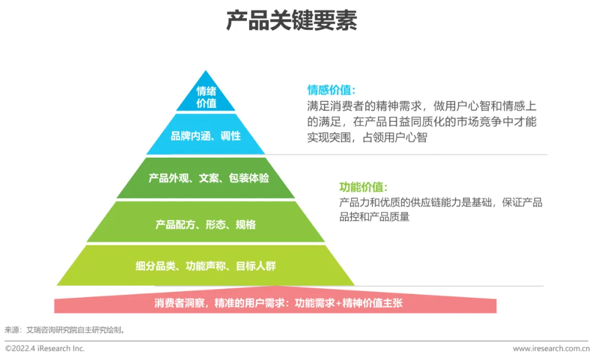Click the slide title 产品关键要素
(291, 21)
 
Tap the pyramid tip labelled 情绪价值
(206, 97)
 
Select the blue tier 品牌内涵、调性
(205, 135)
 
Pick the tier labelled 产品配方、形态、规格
(205, 224)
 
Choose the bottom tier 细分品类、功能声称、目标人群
(205, 266)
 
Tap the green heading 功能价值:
(364, 187)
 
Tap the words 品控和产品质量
(375, 217)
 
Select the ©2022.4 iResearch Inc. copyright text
(45, 348)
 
